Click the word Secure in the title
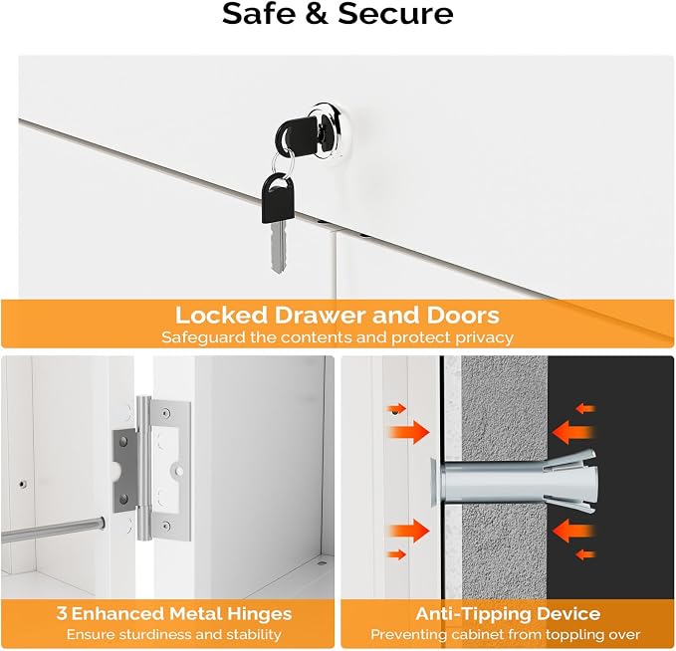396,14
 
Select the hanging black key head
278,197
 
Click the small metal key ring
283,165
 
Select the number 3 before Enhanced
62,613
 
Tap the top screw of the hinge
166,414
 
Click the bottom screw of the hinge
166,526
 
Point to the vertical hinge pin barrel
143,468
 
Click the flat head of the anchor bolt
434,482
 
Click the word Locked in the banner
222,316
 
